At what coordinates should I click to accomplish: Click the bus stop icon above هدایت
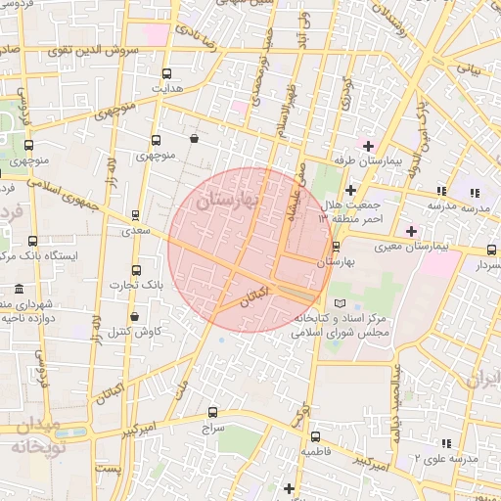pyautogui.click(x=166, y=73)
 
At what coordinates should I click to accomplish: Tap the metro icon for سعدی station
pyautogui.click(x=135, y=216)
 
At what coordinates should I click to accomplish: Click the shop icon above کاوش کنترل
pyautogui.click(x=134, y=317)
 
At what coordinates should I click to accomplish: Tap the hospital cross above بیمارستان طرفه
pyautogui.click(x=367, y=145)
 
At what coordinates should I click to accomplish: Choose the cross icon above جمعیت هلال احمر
pyautogui.click(x=350, y=188)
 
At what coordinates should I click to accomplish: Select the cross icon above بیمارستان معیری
pyautogui.click(x=411, y=230)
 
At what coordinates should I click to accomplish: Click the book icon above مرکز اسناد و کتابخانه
pyautogui.click(x=340, y=303)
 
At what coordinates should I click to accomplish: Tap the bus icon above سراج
pyautogui.click(x=214, y=414)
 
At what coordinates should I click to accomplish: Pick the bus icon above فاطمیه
pyautogui.click(x=314, y=437)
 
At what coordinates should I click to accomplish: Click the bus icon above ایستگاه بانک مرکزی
pyautogui.click(x=33, y=241)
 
